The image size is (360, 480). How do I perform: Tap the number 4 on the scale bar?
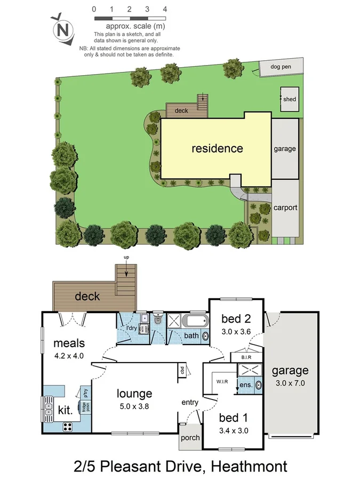pos(165,9)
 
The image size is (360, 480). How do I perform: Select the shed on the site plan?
pos(290,99)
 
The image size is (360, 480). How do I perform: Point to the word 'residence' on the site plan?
pos(217,148)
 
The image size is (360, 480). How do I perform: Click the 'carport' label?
pos(285,208)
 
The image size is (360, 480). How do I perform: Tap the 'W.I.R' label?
pos(223,381)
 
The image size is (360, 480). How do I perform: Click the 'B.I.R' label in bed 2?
pos(246,357)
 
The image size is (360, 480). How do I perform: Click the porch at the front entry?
pos(190,438)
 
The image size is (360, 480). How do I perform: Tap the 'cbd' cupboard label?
pos(182,370)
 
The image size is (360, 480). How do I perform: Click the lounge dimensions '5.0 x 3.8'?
pos(134,405)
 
